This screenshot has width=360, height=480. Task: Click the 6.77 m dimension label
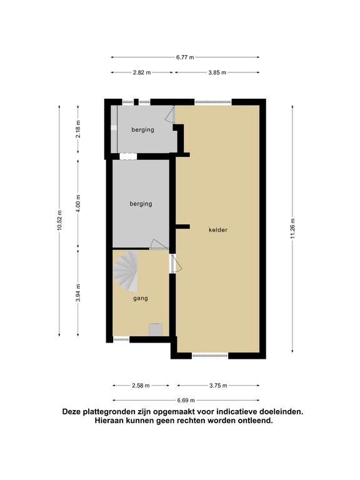pos(185,57)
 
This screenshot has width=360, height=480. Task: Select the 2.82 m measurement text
pos(142,72)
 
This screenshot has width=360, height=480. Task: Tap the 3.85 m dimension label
pos(217,72)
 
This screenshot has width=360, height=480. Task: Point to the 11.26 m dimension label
pos(292,228)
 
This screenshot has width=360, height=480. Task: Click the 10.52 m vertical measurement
pos(59,221)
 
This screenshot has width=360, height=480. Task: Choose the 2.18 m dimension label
pos(78,129)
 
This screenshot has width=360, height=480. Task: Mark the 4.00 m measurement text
pos(78,204)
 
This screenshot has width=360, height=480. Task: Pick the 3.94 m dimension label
pos(78,292)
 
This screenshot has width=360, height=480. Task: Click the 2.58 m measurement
pos(141,386)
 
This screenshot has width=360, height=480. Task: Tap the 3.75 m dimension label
pos(218,386)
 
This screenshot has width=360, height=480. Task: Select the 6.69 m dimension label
pos(186,400)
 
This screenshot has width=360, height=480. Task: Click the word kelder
pos(218,230)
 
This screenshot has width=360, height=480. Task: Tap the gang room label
pos(141,298)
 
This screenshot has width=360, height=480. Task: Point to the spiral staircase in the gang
pos(126,271)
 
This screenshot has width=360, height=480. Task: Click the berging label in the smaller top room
pos(142,130)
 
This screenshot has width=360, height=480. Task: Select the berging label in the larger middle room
pos(141,204)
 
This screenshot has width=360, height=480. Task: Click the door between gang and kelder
pos(176,264)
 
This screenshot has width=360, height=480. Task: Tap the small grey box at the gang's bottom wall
pos(155,329)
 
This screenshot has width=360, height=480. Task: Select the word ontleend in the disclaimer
pos(256,421)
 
